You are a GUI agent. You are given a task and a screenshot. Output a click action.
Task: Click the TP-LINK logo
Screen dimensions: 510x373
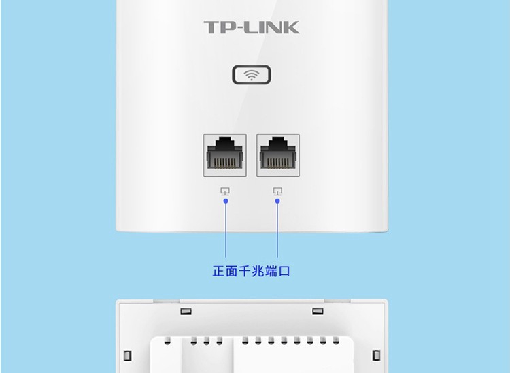[x=251, y=28]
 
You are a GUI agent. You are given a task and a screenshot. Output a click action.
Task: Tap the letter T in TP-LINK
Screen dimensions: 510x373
[x=211, y=28]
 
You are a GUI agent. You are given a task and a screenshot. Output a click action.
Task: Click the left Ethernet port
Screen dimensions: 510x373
[x=225, y=155]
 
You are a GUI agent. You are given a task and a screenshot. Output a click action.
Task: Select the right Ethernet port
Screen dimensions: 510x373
[x=277, y=155]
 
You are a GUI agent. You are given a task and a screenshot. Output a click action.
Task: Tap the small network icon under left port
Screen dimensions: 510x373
[x=225, y=192]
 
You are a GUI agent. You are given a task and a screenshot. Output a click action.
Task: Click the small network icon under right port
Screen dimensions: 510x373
[x=277, y=192]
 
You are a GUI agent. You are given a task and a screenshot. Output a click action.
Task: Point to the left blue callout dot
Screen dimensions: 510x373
[x=225, y=201]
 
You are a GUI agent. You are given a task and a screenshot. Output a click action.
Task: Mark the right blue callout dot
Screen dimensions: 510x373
[x=277, y=201]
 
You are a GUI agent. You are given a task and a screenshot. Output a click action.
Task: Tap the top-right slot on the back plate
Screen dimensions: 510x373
[x=317, y=312]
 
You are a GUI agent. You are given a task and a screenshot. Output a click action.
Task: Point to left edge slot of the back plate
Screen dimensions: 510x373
[x=127, y=355]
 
